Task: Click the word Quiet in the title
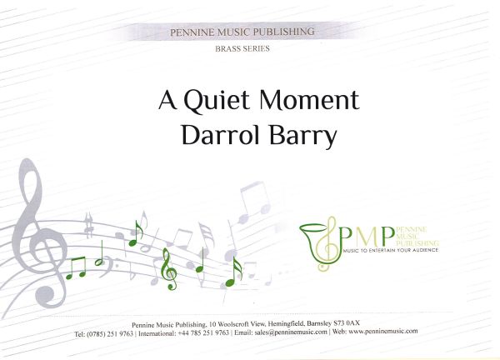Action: (x=216, y=101)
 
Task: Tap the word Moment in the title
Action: (x=309, y=99)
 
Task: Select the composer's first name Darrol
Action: (x=220, y=135)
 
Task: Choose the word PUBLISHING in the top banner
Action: (x=283, y=32)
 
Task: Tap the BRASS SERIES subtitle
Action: (x=242, y=49)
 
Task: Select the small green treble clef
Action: (x=168, y=269)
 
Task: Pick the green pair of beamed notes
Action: (x=76, y=268)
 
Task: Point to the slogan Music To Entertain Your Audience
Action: (x=390, y=251)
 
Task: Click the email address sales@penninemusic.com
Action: (x=291, y=332)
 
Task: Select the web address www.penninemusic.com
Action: (x=383, y=332)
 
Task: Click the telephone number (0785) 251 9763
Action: (x=110, y=334)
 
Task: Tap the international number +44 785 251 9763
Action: (x=203, y=332)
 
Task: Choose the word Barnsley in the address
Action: (x=319, y=323)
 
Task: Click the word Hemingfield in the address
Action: (x=286, y=324)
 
